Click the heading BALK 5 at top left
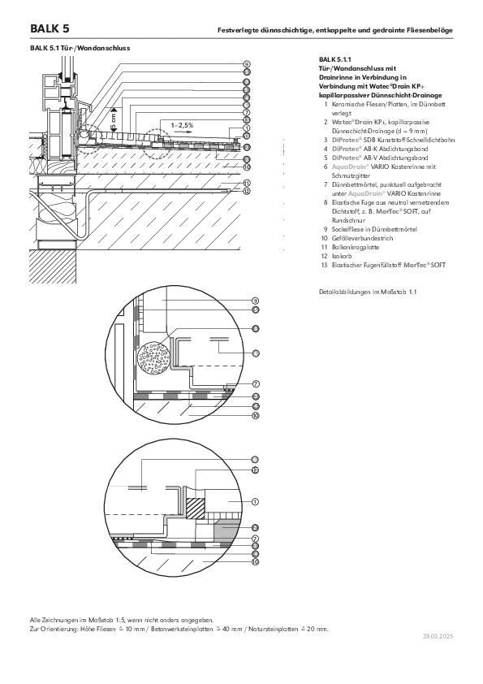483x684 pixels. click(x=49, y=28)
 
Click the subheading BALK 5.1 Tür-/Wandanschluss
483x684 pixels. click(x=80, y=48)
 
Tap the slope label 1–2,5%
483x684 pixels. click(x=183, y=125)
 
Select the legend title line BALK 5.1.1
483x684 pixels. click(x=335, y=60)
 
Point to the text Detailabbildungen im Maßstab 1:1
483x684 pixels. click(x=368, y=291)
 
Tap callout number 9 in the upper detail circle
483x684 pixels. click(x=256, y=301)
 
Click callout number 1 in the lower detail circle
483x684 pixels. click(x=256, y=502)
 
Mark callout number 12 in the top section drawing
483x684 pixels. click(x=246, y=191)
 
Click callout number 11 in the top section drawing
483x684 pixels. click(x=246, y=183)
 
